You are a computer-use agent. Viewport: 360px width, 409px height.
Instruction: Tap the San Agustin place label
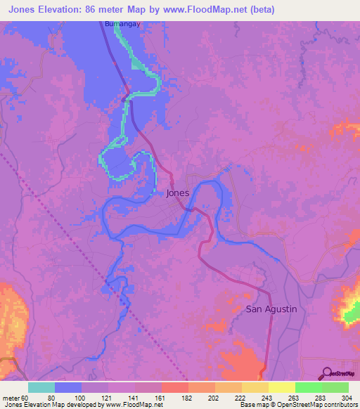[271, 309]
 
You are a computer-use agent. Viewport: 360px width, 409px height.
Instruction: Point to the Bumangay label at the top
[118, 24]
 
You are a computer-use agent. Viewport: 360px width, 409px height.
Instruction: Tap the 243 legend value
[266, 398]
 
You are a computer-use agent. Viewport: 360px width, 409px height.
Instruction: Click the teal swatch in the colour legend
[41, 387]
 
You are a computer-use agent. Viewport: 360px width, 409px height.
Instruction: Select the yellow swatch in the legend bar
[281, 387]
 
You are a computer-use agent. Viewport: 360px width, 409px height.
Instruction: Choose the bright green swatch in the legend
[308, 387]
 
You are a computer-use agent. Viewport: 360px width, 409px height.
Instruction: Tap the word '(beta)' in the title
[260, 10]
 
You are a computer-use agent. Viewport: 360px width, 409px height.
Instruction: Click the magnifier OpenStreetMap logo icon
[327, 372]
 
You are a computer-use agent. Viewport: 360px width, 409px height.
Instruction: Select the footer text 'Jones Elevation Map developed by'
[52, 405]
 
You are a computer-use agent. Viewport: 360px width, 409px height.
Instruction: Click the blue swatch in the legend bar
[68, 387]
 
